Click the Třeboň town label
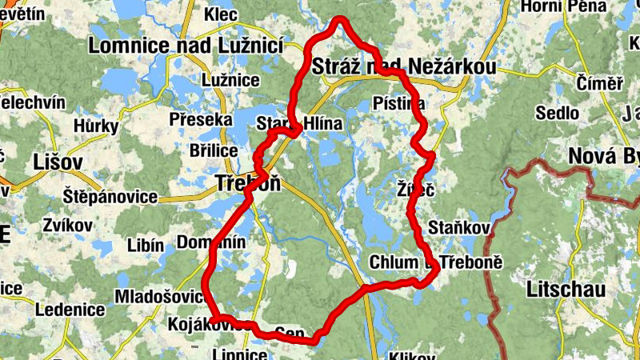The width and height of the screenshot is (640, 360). pyautogui.click(x=248, y=183)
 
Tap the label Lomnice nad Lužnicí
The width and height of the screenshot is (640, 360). pyautogui.click(x=186, y=46)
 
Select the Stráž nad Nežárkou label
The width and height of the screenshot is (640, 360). pyautogui.click(x=405, y=67)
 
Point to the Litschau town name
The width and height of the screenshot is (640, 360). pyautogui.click(x=566, y=290)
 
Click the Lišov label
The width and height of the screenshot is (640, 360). pyautogui.click(x=58, y=162)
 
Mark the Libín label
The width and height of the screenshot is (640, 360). pyautogui.click(x=146, y=246)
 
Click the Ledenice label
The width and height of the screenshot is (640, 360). pyautogui.click(x=70, y=309)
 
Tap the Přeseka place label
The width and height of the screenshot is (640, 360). pyautogui.click(x=201, y=120)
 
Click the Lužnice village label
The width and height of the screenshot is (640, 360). pyautogui.click(x=230, y=80)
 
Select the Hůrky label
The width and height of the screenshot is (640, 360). pyautogui.click(x=96, y=126)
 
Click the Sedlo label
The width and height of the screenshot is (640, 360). pyautogui.click(x=558, y=113)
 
